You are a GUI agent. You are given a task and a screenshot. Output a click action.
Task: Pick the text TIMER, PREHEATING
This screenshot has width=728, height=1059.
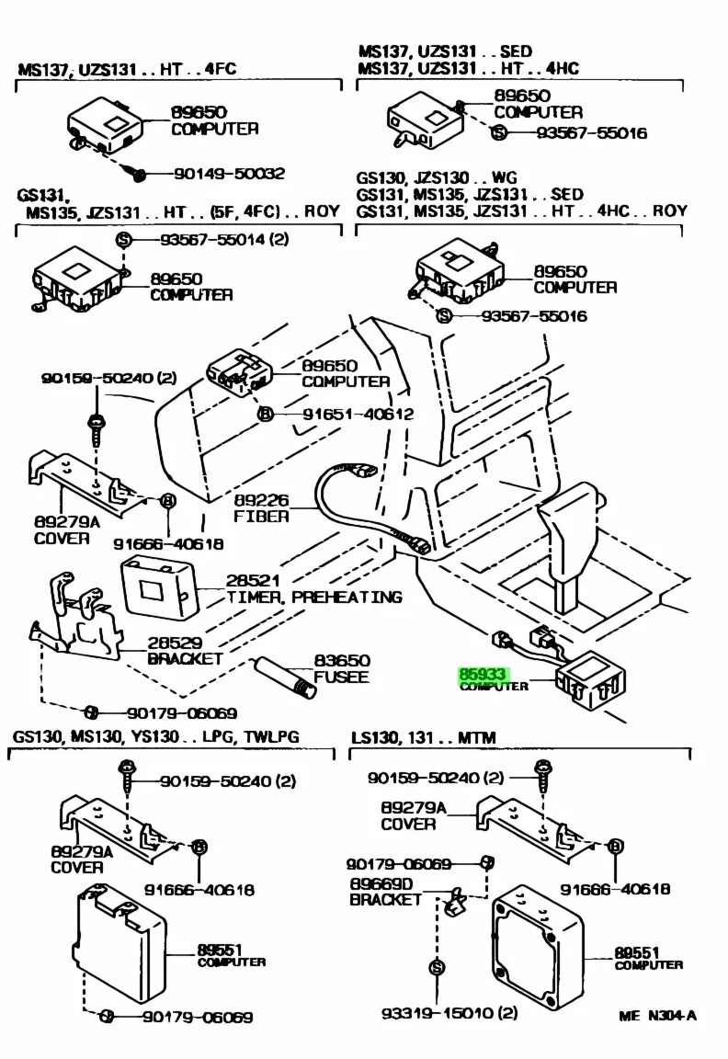click(x=314, y=597)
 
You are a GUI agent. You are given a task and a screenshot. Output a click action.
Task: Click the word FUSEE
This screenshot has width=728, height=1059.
click(x=341, y=678)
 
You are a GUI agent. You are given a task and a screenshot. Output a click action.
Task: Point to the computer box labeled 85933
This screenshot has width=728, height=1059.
click(x=590, y=682)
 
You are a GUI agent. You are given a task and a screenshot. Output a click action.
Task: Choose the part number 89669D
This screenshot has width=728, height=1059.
click(x=381, y=882)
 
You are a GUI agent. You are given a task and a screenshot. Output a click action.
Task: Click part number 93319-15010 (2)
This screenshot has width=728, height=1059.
click(x=449, y=1013)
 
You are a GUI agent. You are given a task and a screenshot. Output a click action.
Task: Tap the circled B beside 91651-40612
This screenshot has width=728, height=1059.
click(x=266, y=415)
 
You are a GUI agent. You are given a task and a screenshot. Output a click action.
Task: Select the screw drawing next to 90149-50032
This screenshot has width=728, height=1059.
click(x=139, y=173)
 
